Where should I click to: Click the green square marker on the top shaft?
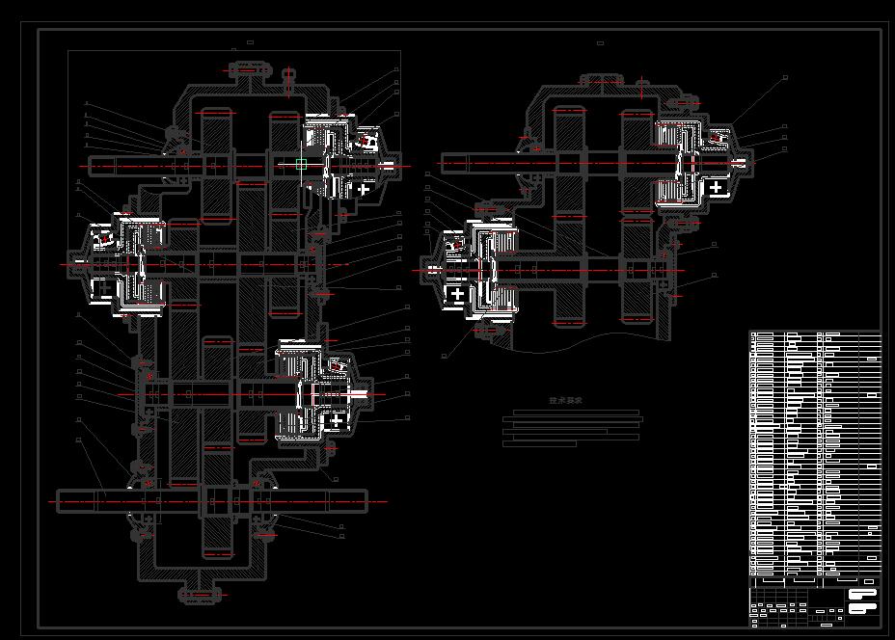301,165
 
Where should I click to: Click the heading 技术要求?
565,400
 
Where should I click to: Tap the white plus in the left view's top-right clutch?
363,189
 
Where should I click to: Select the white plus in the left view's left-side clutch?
101,287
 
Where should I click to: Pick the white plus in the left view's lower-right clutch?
335,421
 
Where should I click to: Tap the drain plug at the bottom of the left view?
199,595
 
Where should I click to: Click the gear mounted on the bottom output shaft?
218,501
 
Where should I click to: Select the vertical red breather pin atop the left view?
289,81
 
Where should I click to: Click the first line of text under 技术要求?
576,413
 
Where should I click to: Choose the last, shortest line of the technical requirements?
539,444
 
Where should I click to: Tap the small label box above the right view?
600,43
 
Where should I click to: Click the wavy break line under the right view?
579,337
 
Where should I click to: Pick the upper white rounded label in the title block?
862,595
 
